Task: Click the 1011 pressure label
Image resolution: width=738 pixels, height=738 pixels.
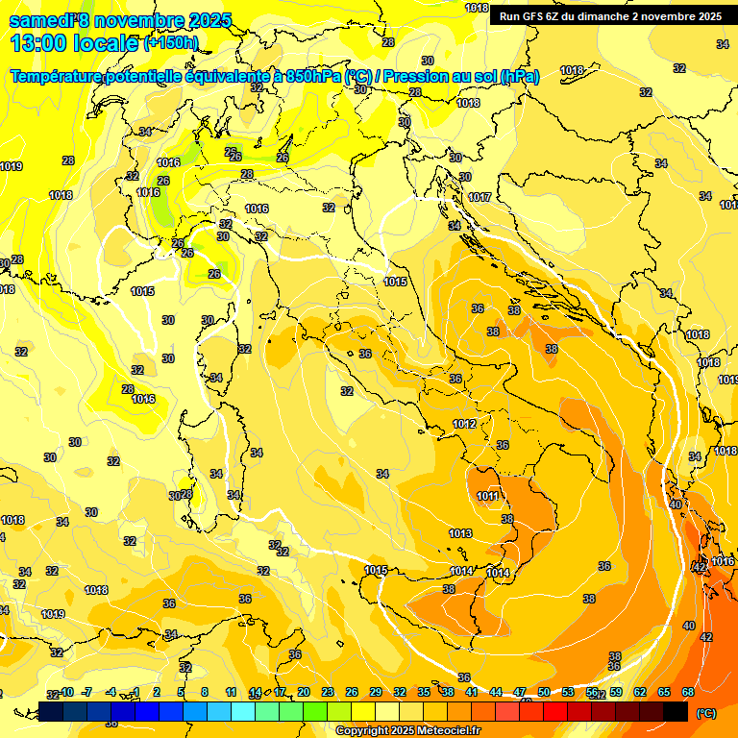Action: pyautogui.click(x=487, y=496)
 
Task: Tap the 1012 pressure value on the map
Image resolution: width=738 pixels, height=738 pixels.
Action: pyautogui.click(x=464, y=424)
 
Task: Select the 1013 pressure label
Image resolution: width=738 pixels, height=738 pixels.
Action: pyautogui.click(x=460, y=533)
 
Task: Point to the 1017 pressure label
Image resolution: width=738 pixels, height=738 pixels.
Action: pyautogui.click(x=480, y=197)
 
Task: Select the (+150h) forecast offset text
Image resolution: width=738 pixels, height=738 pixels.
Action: pyautogui.click(x=171, y=43)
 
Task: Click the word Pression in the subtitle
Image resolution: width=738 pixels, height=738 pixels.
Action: pyautogui.click(x=416, y=76)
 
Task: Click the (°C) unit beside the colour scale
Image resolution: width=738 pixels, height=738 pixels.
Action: pyautogui.click(x=706, y=713)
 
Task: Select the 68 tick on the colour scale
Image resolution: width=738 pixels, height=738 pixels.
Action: pyautogui.click(x=688, y=692)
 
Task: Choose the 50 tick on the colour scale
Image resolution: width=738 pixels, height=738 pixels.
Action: pyautogui.click(x=544, y=692)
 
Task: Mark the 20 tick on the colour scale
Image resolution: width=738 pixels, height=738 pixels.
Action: pyautogui.click(x=304, y=692)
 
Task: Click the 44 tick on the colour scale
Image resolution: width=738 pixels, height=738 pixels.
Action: pyautogui.click(x=496, y=692)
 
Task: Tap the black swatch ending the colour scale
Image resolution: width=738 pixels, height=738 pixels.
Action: pyautogui.click(x=676, y=711)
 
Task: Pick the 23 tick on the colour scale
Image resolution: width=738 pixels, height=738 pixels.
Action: pyautogui.click(x=328, y=692)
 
